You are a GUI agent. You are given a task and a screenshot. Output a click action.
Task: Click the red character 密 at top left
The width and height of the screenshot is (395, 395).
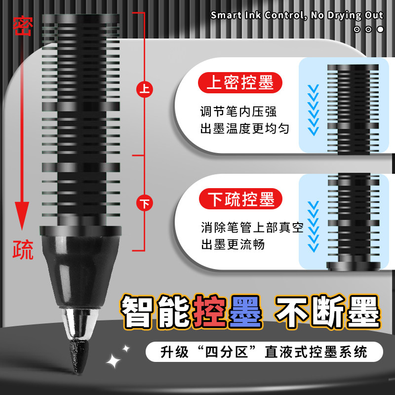pos(22,26)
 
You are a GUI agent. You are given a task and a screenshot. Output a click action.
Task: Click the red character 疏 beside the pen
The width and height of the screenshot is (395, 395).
pos(23,249)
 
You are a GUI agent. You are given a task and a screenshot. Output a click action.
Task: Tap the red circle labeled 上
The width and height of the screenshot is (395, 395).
pos(144,89)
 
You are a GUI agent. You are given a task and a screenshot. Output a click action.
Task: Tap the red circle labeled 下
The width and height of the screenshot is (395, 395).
pos(144,202)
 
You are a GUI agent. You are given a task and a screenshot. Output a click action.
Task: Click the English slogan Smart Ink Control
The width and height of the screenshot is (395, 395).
pos(296,15)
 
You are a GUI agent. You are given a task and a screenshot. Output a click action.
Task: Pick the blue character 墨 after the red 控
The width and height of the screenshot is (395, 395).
pos(245,312)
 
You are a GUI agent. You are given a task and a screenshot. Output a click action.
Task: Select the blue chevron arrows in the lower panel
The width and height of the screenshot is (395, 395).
pos(312,225)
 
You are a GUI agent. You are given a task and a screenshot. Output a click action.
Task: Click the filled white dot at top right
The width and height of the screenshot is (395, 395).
pos(380,29)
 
